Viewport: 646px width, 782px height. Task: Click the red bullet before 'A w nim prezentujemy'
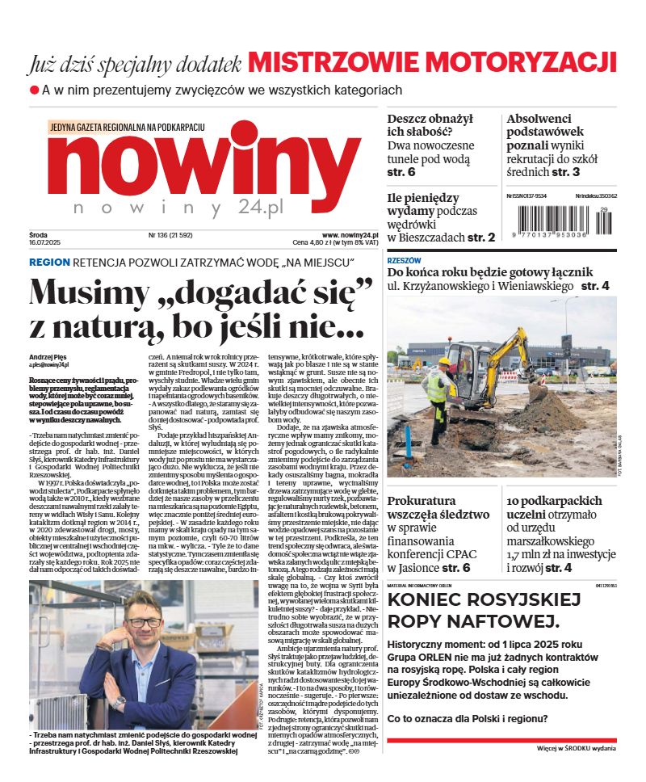[34, 90]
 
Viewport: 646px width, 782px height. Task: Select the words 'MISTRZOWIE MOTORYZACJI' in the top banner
[433, 61]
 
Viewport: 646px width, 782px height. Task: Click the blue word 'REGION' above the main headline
[49, 263]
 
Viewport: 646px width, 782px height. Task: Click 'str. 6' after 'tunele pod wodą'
[401, 172]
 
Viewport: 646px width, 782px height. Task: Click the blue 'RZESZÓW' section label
[404, 261]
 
